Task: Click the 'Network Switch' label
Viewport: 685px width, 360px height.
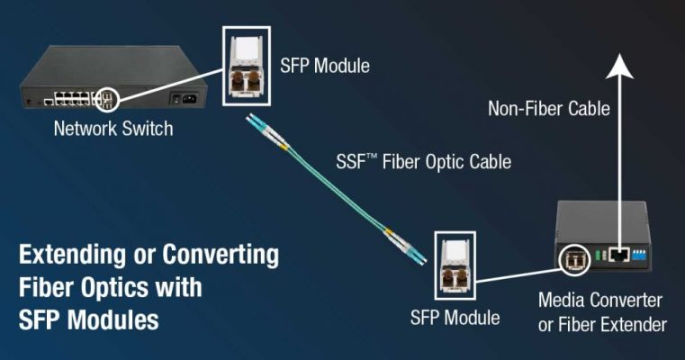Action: click(113, 129)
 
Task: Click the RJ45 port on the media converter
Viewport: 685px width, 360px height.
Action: click(617, 256)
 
